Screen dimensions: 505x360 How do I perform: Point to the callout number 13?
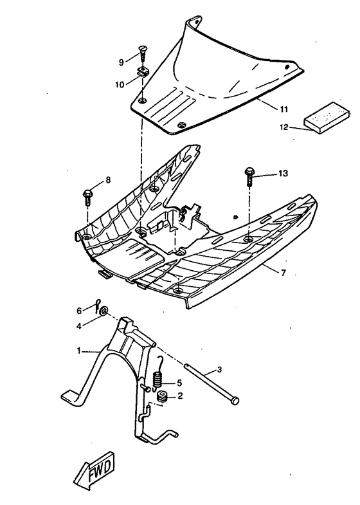[x=283, y=174]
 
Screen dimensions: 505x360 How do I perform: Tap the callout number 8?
[x=107, y=180]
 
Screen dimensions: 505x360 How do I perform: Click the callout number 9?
[x=120, y=62]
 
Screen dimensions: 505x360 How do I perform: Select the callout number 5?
[x=179, y=381]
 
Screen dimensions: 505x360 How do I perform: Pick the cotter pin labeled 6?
[x=96, y=304]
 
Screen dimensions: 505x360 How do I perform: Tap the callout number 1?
[x=79, y=351]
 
